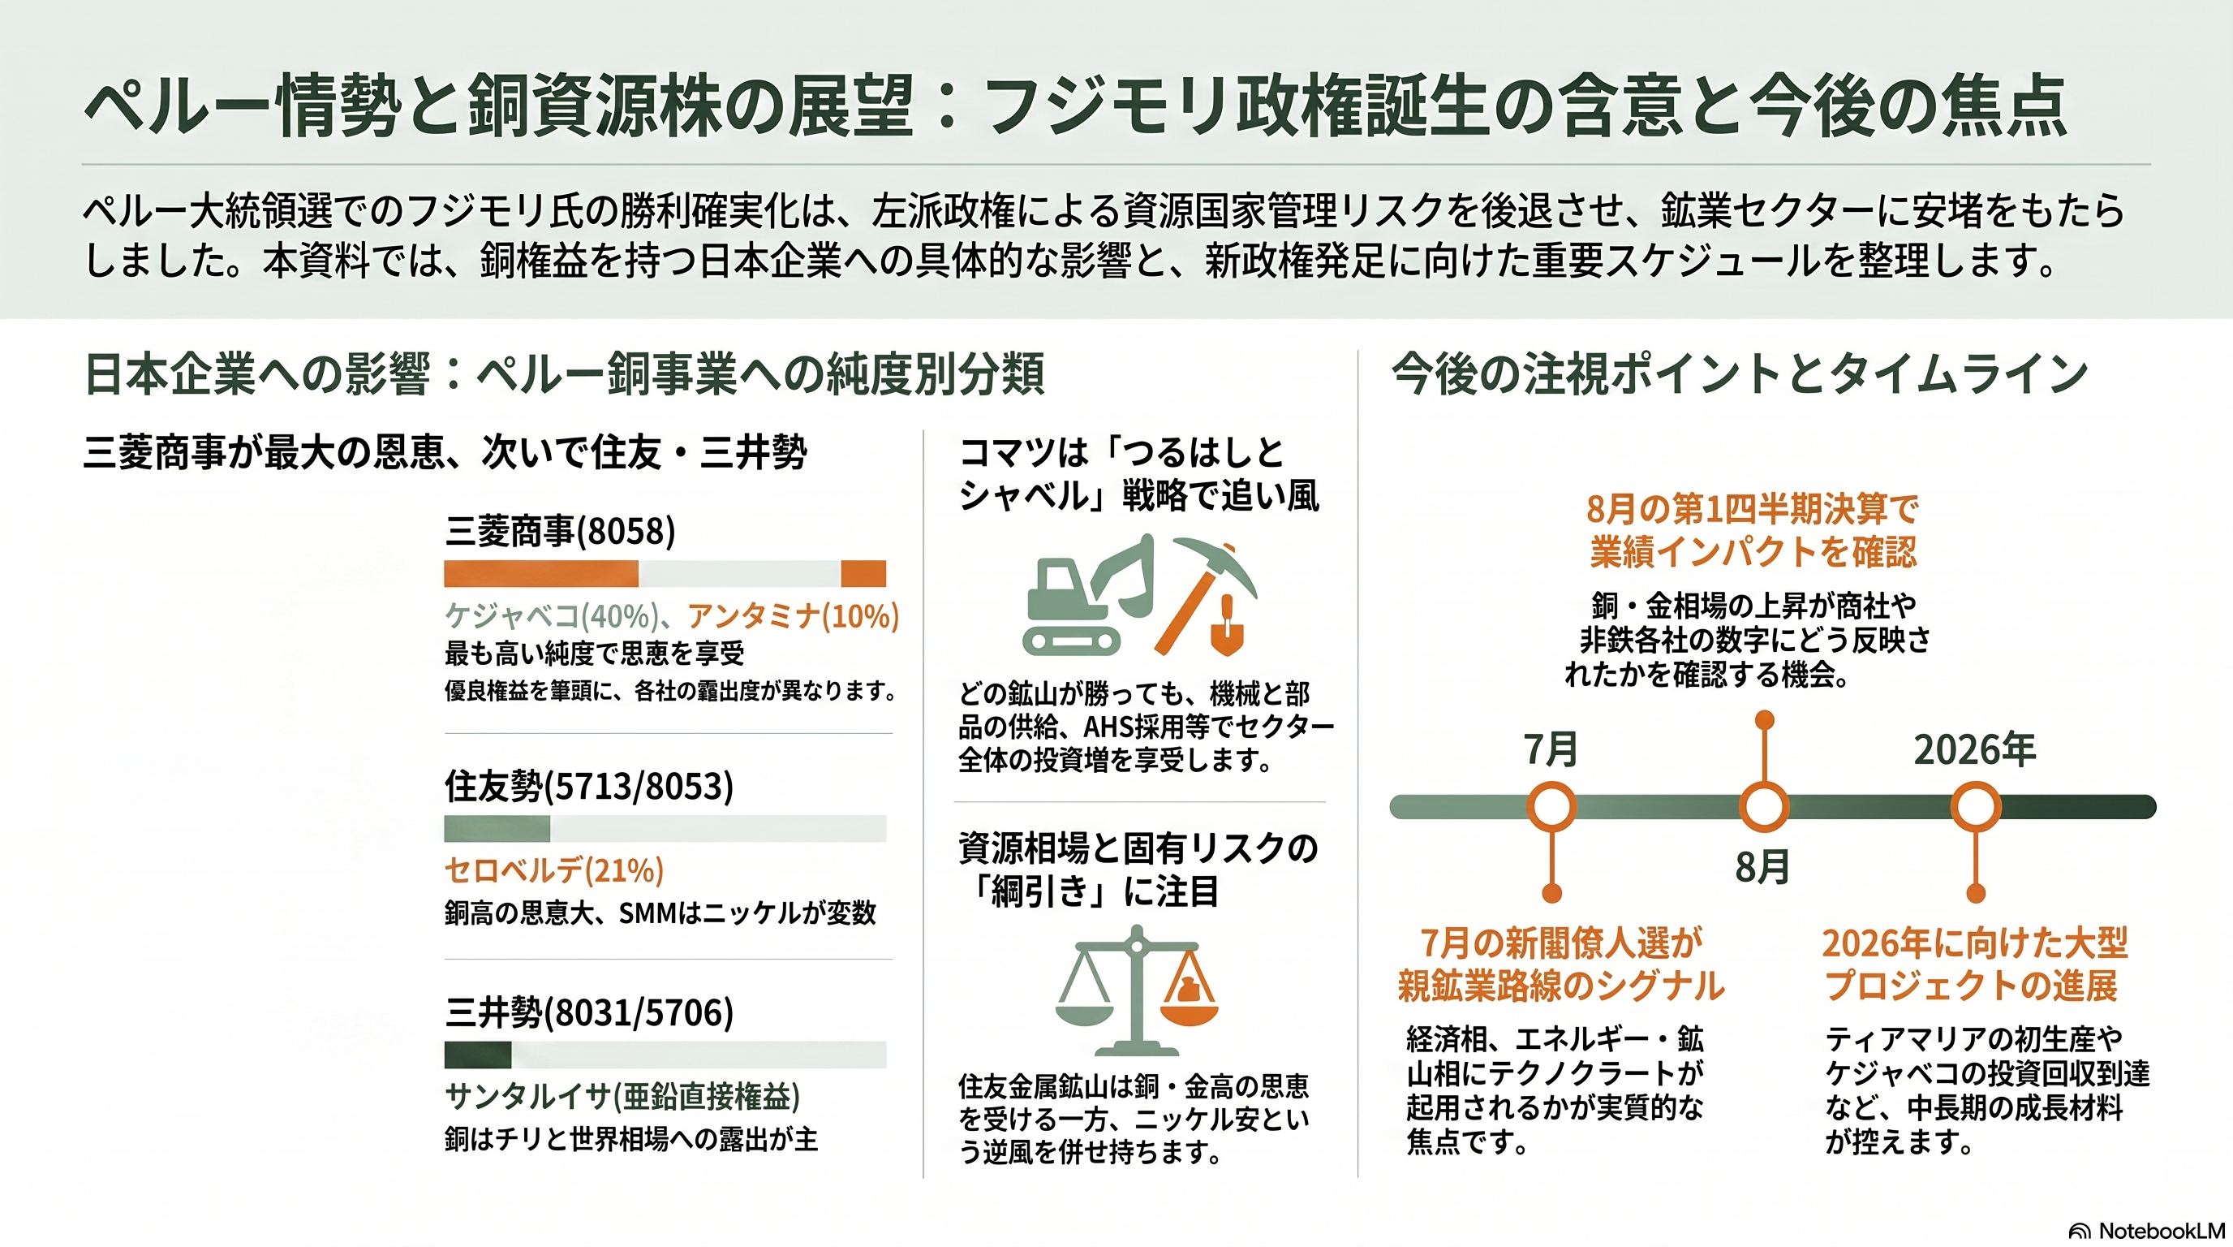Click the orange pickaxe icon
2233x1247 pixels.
tap(1205, 594)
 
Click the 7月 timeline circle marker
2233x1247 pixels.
tap(1551, 806)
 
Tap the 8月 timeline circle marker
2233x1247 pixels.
tap(1764, 806)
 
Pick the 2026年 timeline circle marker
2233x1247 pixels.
tap(1976, 806)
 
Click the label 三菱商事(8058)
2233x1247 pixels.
tap(560, 531)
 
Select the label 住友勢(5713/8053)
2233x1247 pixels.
tap(588, 786)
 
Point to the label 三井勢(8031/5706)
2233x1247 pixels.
tap(588, 1012)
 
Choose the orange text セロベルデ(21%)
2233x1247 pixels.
tap(554, 869)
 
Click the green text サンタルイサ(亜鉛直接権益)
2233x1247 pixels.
tap(622, 1097)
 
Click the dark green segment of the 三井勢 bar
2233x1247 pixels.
tap(478, 1055)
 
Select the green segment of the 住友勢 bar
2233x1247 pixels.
tap(497, 829)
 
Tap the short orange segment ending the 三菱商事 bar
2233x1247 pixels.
tap(863, 574)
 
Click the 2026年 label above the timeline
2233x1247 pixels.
tap(1975, 750)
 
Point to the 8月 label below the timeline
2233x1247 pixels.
tap(1762, 866)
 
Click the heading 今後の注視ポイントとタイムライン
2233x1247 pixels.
tap(1740, 374)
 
